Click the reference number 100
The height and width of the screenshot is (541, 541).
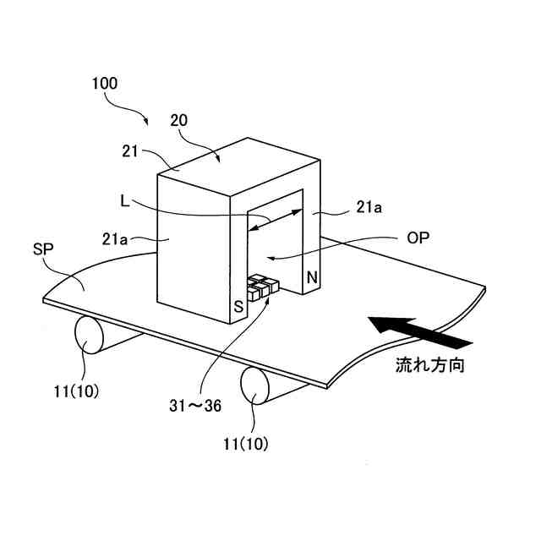106,84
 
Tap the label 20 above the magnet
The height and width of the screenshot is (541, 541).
178,120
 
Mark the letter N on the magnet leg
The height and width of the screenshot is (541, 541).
311,276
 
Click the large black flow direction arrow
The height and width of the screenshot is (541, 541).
418,331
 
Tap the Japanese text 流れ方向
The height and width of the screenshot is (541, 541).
430,367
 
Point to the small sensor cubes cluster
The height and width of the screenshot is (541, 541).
261,285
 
